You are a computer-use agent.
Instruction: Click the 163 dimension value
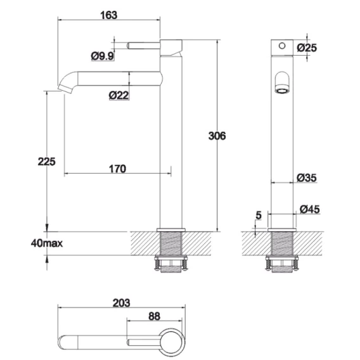point(109,15)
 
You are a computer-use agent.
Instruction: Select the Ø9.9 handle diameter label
point(103,56)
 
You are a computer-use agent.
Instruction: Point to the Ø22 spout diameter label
point(119,95)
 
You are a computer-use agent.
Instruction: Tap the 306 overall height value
point(217,136)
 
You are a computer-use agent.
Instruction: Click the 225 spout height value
point(47,162)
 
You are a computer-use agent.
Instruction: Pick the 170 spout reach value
point(117,169)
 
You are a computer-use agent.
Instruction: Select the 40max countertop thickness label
point(47,243)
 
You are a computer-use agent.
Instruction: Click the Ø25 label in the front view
point(307,48)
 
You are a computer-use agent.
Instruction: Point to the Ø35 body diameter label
point(307,177)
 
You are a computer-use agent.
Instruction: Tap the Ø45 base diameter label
point(310,209)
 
